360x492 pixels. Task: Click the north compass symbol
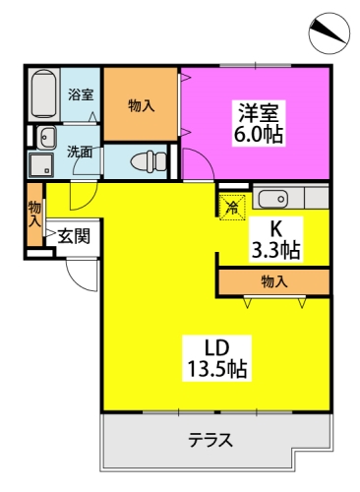[329, 33]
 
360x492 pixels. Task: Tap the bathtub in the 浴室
[44, 93]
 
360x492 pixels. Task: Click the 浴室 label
[81, 94]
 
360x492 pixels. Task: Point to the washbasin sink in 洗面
[46, 138]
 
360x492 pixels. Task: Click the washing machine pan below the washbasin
[41, 165]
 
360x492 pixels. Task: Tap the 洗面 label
[80, 153]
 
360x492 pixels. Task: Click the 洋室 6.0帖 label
[258, 123]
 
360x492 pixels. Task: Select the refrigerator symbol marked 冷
[232, 208]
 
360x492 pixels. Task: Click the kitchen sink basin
[273, 199]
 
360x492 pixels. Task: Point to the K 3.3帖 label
[275, 239]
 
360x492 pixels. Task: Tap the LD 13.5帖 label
[216, 358]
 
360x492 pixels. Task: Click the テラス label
[210, 440]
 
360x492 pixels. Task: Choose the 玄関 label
[74, 236]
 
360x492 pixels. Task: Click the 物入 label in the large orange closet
[141, 105]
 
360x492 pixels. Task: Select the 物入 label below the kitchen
[274, 281]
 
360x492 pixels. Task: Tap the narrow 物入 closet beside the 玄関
[34, 215]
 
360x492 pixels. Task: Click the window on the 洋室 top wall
[256, 65]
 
